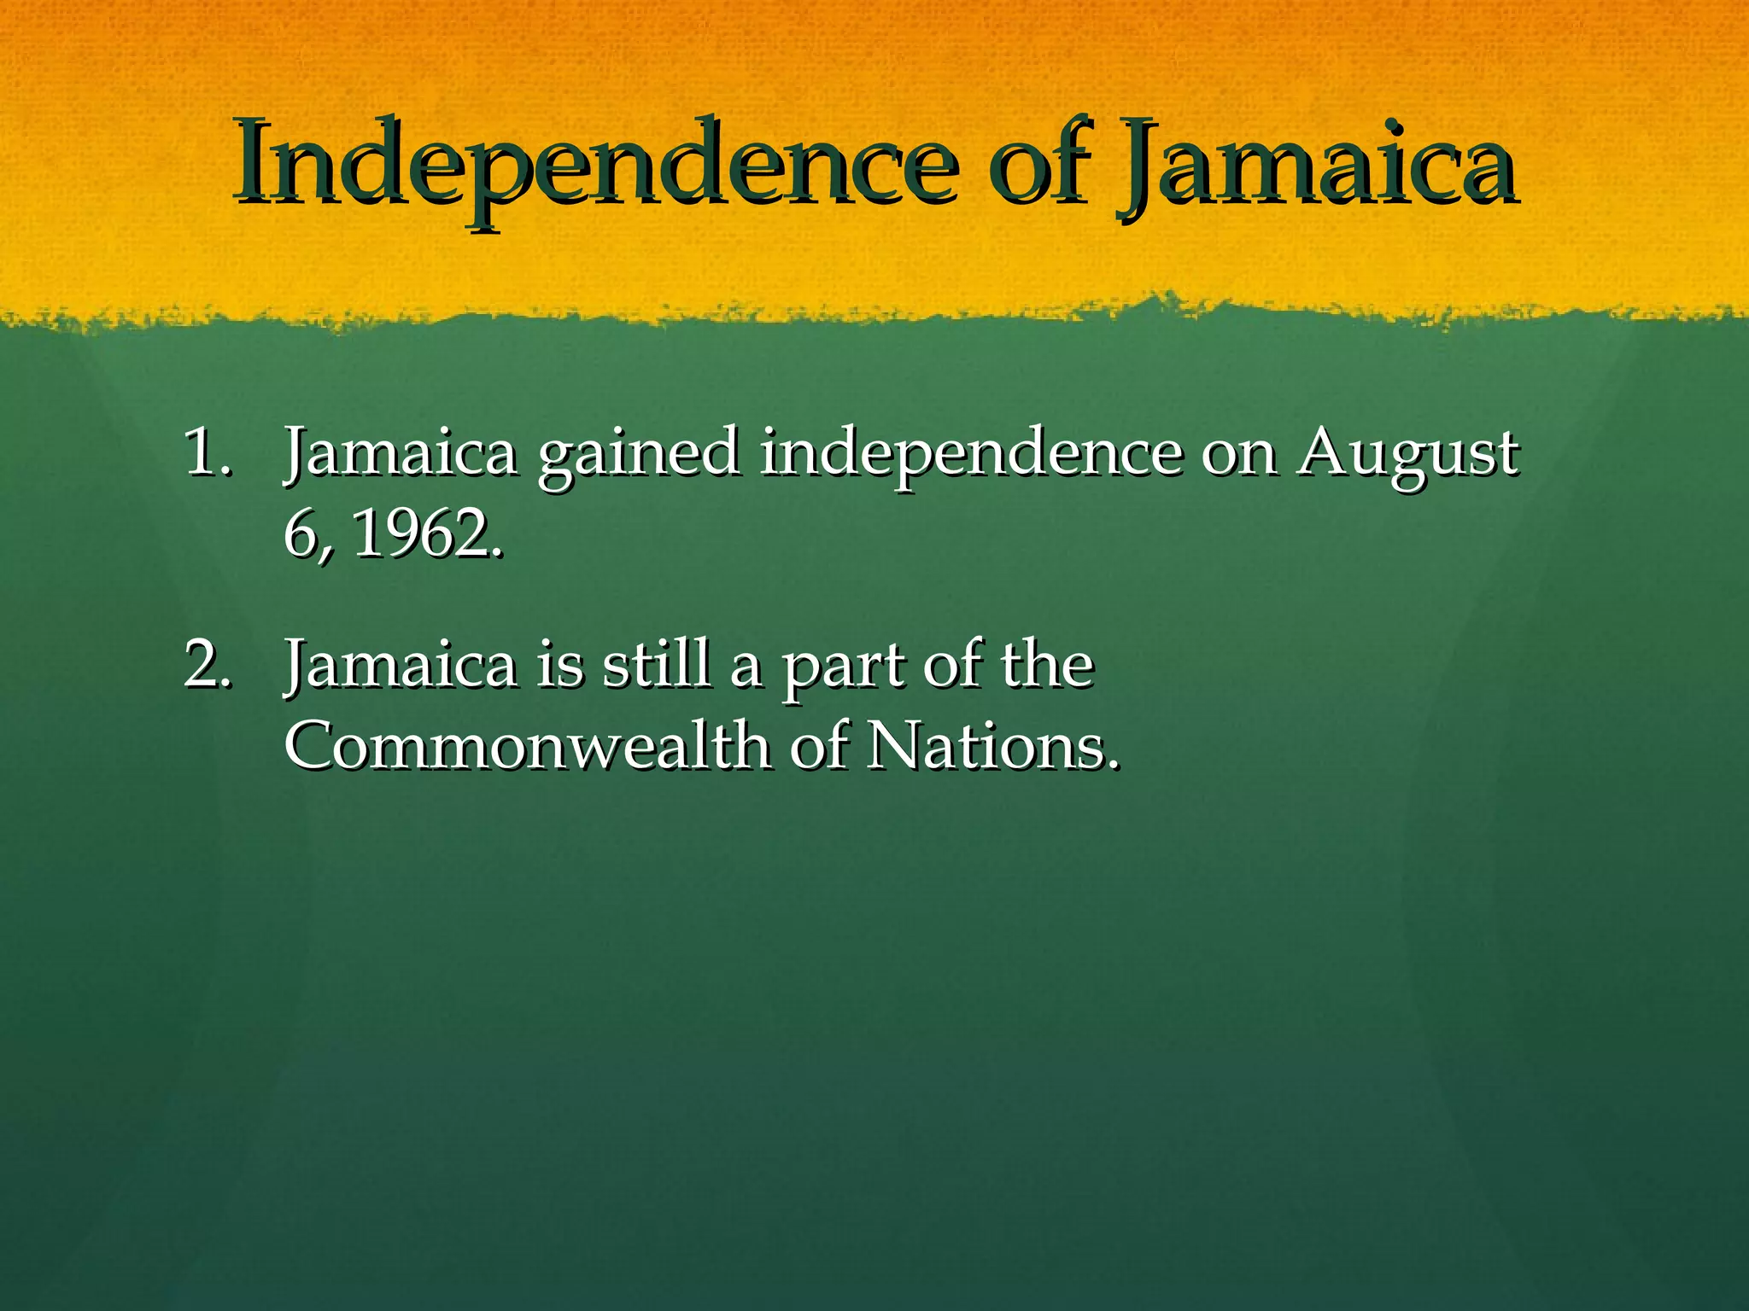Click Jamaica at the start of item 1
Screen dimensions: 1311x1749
click(x=401, y=453)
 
